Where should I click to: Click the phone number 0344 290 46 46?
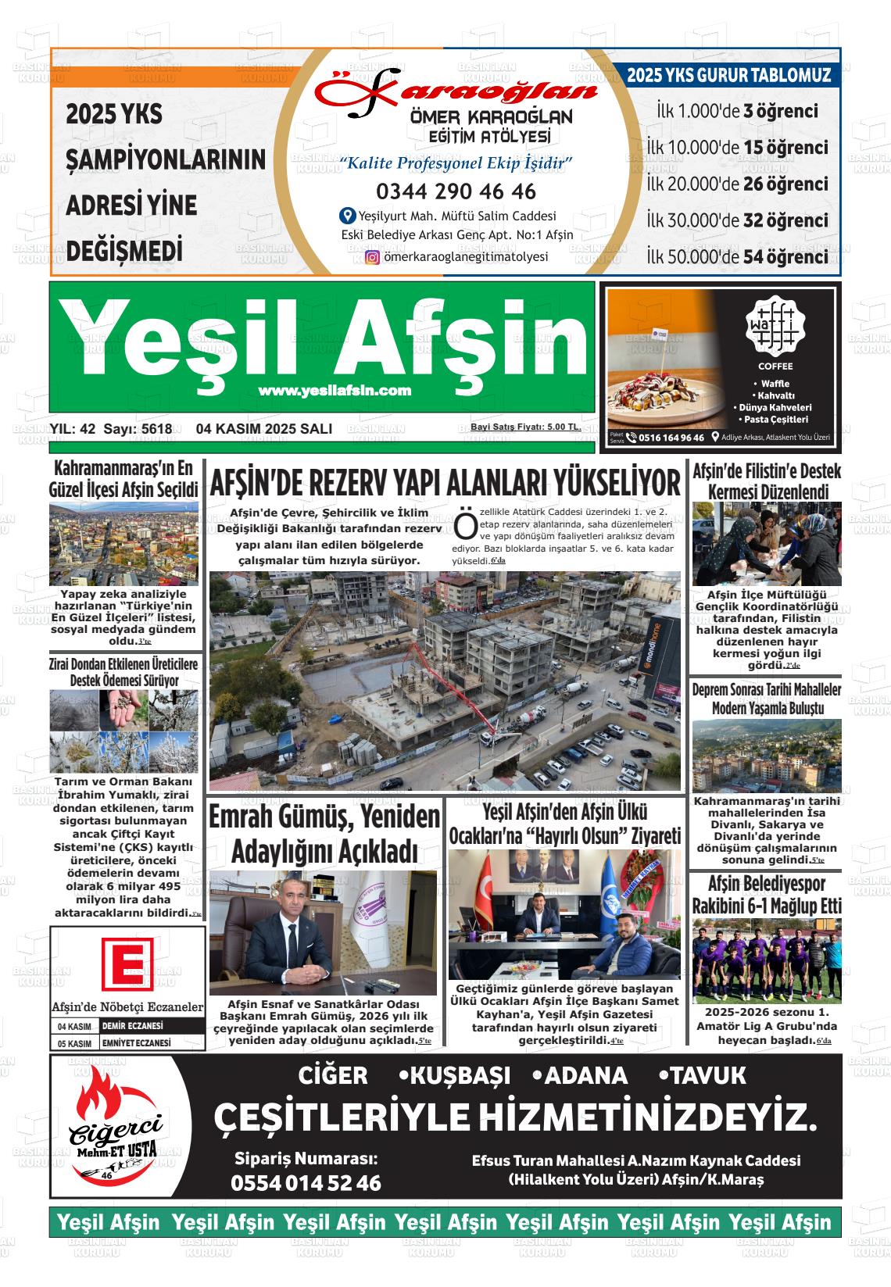coord(456,191)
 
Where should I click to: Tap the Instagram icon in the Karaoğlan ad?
coord(373,257)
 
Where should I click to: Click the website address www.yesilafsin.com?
coord(335,391)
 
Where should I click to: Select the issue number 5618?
coord(157,429)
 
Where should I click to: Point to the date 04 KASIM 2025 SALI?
coord(264,429)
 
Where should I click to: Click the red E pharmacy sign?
coord(127,964)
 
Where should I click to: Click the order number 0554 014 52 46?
coord(306,1183)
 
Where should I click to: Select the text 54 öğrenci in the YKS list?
coord(785,257)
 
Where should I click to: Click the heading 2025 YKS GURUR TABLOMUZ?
coord(728,76)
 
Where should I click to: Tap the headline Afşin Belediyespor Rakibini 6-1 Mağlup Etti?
coord(766,896)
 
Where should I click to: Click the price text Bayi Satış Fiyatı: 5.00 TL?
coord(524,427)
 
